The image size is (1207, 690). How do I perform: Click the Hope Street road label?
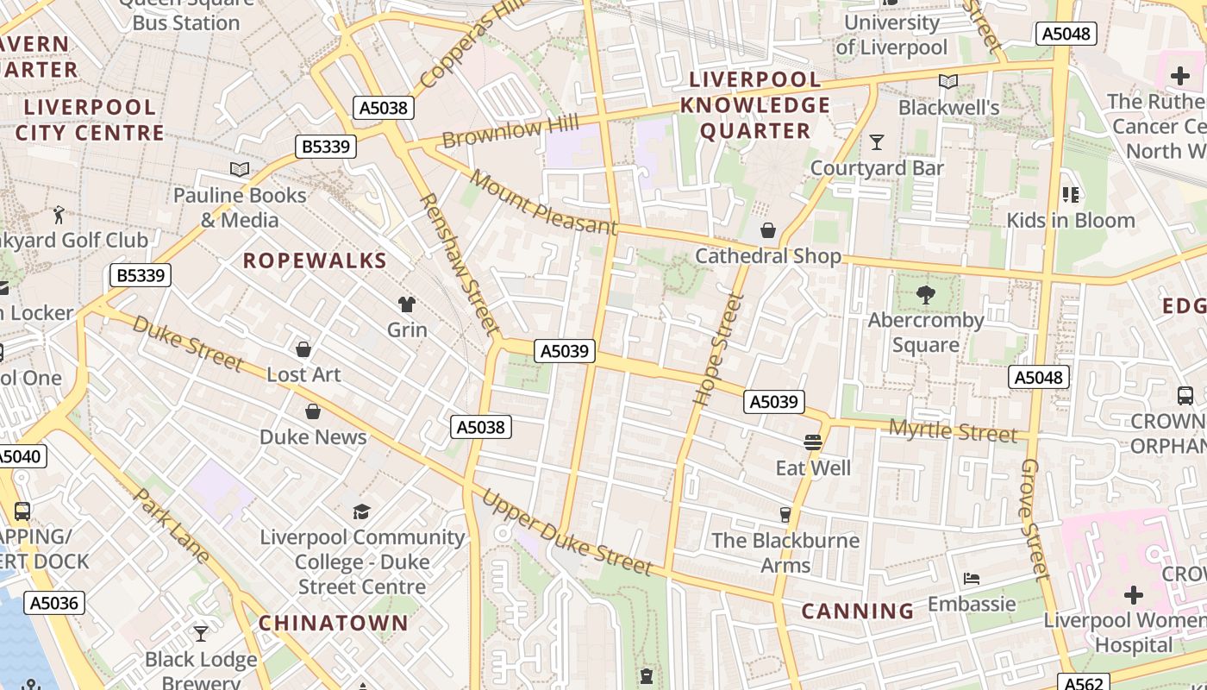point(719,349)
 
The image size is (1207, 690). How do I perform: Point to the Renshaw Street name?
point(459,264)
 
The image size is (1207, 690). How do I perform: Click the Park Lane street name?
point(172,526)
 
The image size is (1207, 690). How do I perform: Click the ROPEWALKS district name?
point(315,260)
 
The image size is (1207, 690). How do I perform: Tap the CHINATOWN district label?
point(334,623)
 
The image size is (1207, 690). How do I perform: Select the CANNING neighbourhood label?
point(858,612)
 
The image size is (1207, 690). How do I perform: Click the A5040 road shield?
point(19,456)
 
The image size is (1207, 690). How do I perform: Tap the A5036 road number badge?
point(54,603)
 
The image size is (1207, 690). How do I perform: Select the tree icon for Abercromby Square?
point(926,295)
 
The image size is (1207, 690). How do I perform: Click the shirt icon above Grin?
point(407,304)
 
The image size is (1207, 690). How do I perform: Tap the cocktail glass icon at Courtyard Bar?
point(877,142)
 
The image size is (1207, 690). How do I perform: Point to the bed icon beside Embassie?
point(972,578)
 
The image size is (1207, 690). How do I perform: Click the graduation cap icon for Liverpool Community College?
point(362,512)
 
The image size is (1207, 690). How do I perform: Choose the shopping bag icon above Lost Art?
point(303,349)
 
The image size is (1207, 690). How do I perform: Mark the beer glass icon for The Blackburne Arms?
point(785,515)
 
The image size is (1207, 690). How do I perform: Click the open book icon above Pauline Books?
point(240,170)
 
